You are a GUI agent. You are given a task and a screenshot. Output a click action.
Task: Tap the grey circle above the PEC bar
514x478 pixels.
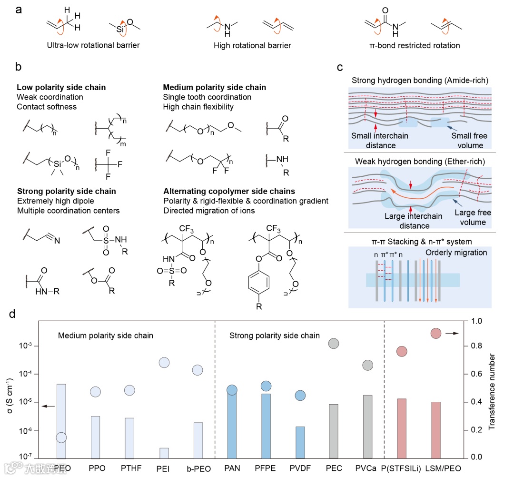tap(334, 343)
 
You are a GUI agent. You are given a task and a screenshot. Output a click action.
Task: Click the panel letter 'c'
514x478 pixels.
tap(340, 67)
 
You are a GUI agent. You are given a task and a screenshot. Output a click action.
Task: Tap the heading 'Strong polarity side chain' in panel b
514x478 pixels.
tap(66, 191)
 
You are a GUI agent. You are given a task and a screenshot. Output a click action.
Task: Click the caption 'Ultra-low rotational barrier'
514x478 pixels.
tap(93, 46)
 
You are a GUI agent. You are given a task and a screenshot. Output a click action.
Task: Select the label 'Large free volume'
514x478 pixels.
tap(473, 218)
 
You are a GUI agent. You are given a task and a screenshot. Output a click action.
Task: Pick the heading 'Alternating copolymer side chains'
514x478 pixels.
tap(228, 191)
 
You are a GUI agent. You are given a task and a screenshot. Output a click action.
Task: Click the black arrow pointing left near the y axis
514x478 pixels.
tap(48, 406)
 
